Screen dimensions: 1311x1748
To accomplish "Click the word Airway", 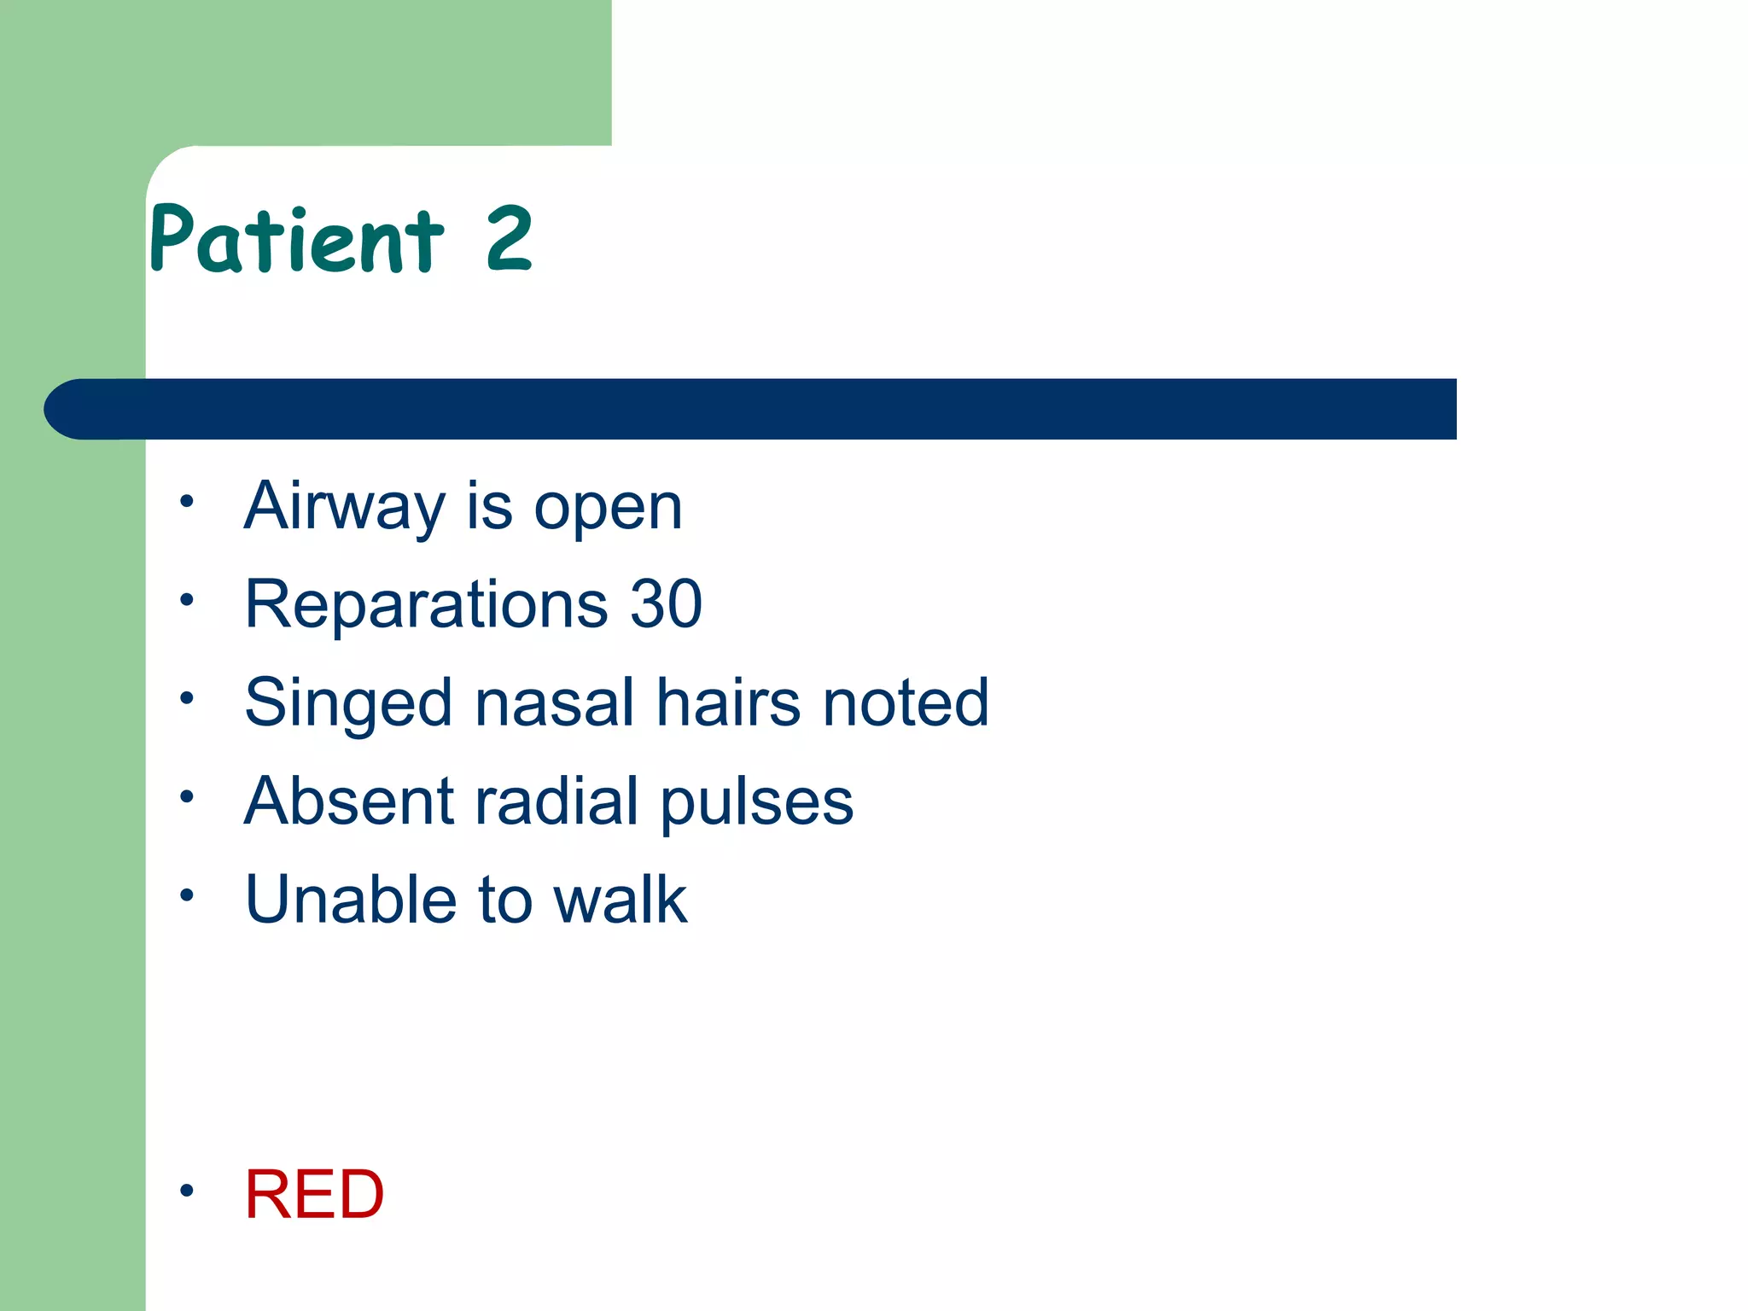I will pyautogui.click(x=344, y=507).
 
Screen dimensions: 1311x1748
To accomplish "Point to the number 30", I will pyautogui.click(x=666, y=604).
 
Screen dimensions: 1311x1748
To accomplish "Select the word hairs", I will pyautogui.click(x=728, y=702).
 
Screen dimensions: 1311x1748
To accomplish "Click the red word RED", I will pyautogui.click(x=314, y=1194).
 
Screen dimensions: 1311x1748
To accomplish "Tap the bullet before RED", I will pyautogui.click(x=187, y=1189).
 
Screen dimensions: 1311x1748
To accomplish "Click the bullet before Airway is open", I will pyautogui.click(x=187, y=501).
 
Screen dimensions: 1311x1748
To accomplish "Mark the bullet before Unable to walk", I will pyautogui.click(x=187, y=894).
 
